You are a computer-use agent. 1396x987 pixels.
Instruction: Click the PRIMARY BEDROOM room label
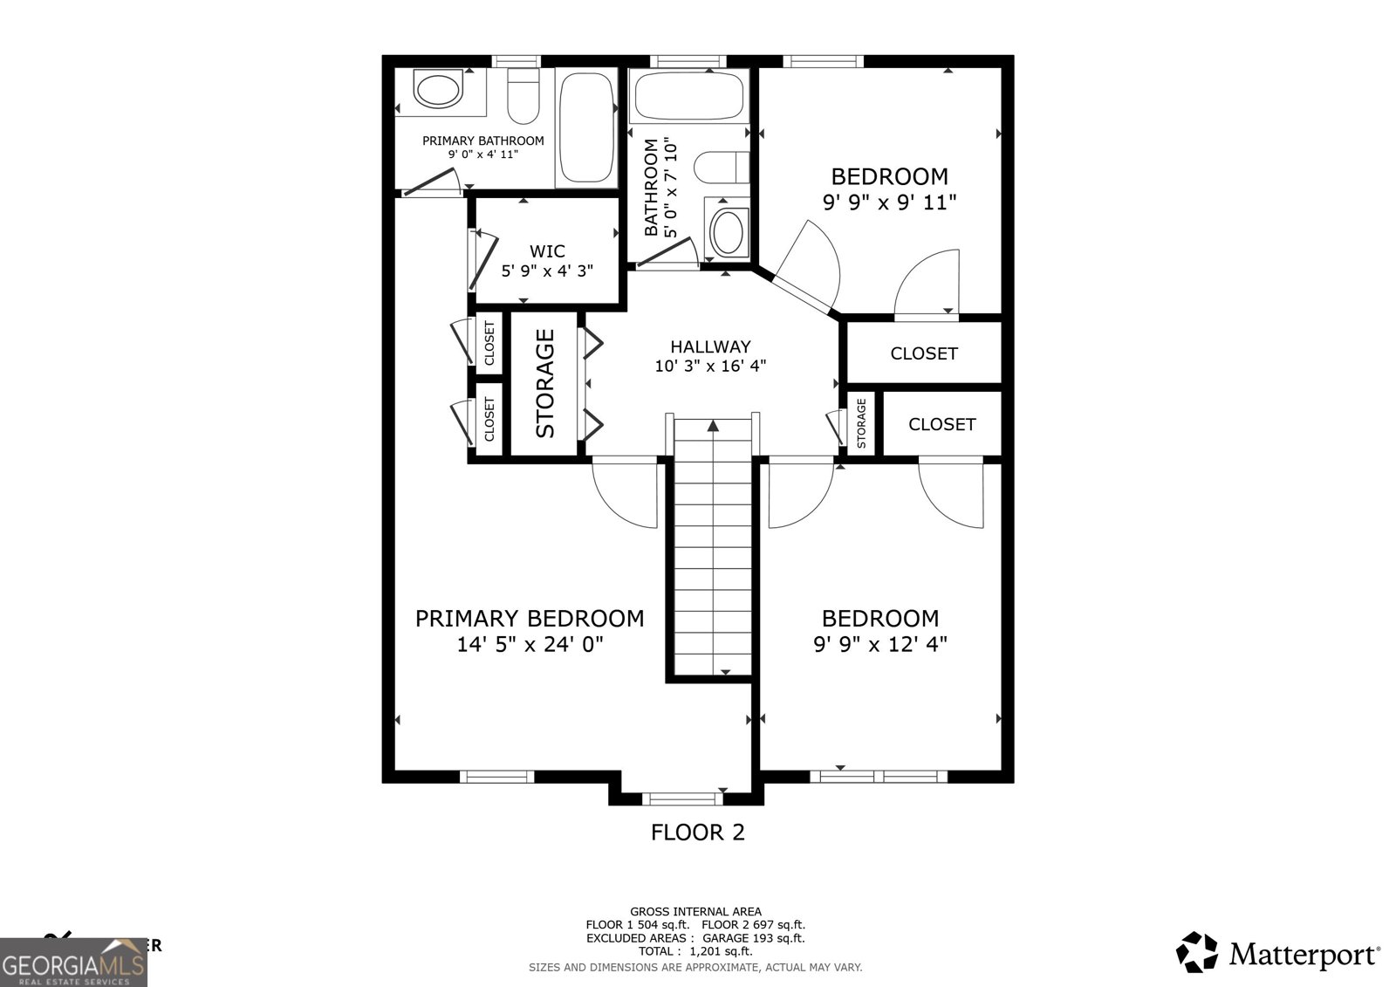click(530, 619)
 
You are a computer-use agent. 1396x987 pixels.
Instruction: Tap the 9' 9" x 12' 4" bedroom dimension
click(880, 645)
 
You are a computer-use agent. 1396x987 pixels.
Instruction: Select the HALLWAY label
click(709, 346)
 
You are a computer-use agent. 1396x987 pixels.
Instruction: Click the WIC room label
click(547, 251)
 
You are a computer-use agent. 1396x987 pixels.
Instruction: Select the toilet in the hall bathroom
click(721, 168)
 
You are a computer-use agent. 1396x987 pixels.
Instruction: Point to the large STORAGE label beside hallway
click(545, 383)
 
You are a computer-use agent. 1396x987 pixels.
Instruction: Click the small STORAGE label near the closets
click(861, 423)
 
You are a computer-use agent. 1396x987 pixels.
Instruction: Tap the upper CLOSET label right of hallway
click(924, 353)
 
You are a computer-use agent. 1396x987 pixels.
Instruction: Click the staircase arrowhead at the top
click(713, 426)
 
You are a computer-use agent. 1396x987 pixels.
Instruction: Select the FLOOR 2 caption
click(698, 833)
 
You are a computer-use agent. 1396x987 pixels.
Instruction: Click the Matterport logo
click(1278, 952)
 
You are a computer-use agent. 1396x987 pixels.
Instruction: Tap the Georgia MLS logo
click(73, 962)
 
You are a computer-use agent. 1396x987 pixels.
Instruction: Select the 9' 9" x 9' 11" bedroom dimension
click(889, 202)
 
